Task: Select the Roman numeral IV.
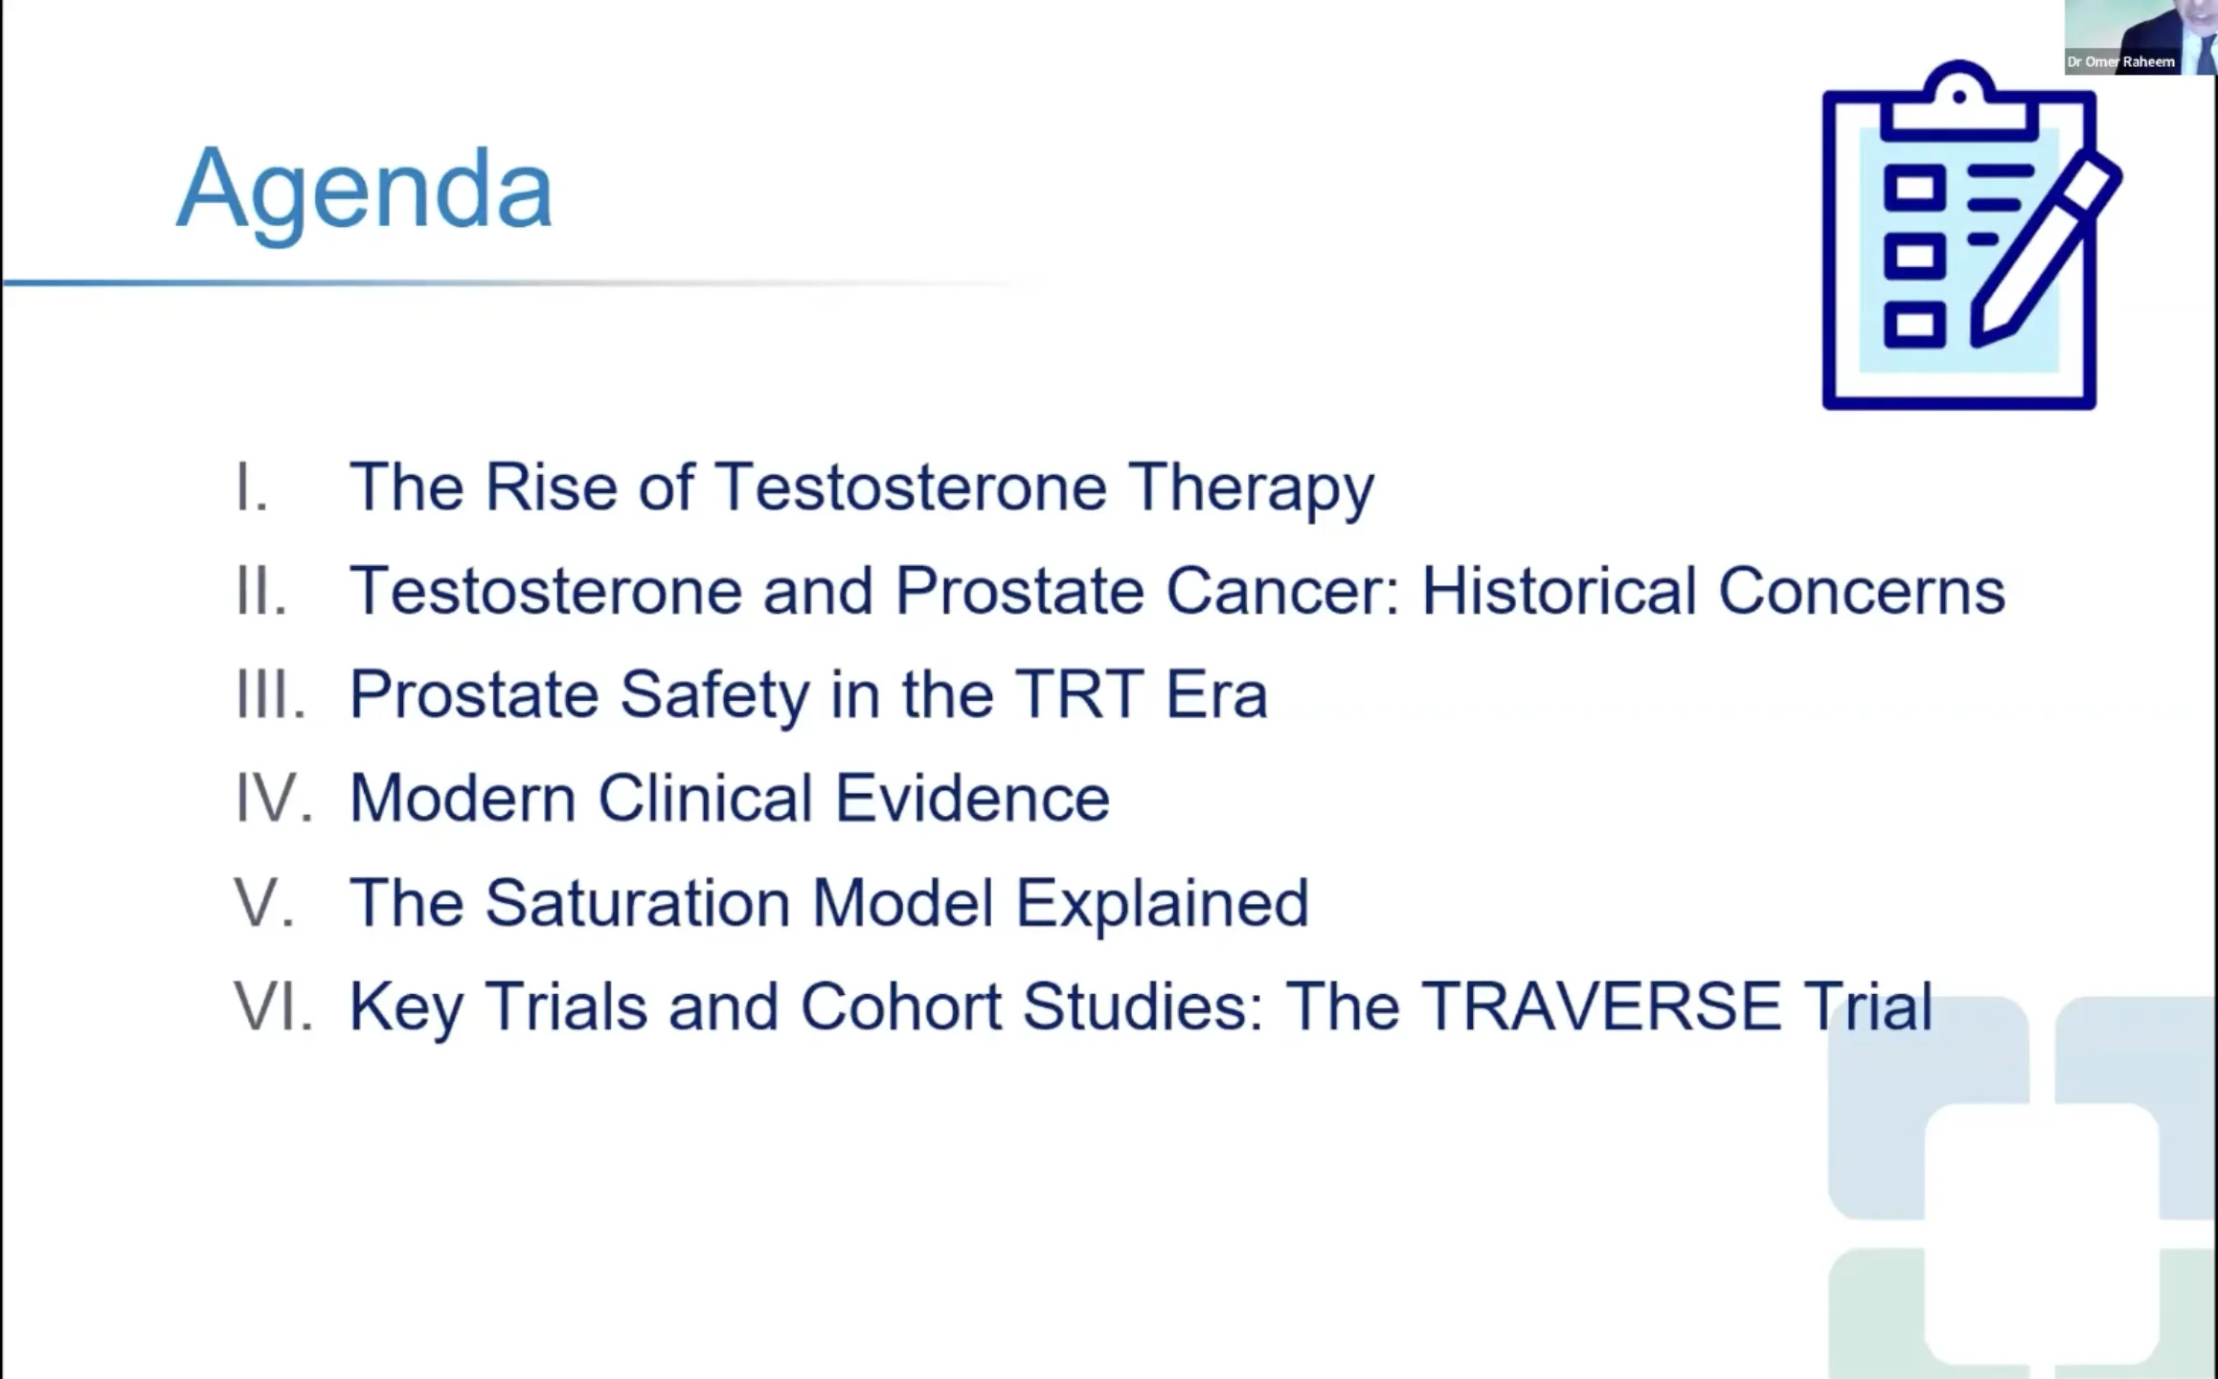click(x=274, y=798)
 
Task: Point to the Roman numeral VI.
click(x=274, y=1006)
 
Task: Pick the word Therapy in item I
click(x=1251, y=489)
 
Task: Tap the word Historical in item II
click(x=1559, y=591)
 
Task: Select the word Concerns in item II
click(x=1862, y=591)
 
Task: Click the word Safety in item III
click(x=714, y=696)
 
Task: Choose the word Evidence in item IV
click(x=972, y=798)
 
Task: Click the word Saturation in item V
click(x=638, y=902)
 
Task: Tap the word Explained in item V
click(x=1162, y=905)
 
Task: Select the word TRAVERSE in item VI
click(x=1600, y=1006)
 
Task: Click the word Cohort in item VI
click(x=900, y=1006)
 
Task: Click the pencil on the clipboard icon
click(x=2046, y=251)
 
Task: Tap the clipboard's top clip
click(x=1958, y=100)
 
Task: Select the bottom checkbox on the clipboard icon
click(x=1915, y=325)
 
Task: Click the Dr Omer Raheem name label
click(x=2120, y=61)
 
